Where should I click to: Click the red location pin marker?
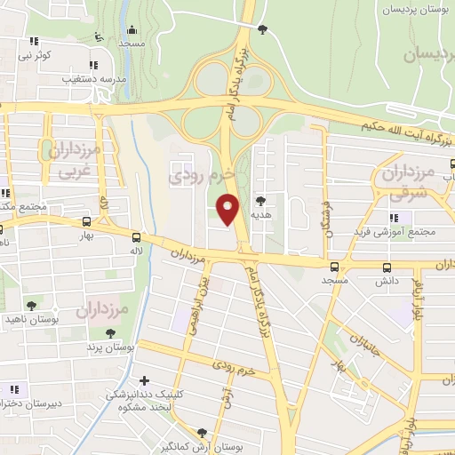pos(227,211)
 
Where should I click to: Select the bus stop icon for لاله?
pos(136,237)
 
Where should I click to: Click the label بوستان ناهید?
pos(31,318)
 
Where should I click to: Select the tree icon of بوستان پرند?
pos(109,334)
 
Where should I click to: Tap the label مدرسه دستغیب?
pos(92,78)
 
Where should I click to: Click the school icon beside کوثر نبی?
pos(34,41)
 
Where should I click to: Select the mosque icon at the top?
pos(132,29)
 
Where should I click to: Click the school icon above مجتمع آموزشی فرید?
pos(394,219)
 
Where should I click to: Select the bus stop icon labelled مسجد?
pos(334,267)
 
